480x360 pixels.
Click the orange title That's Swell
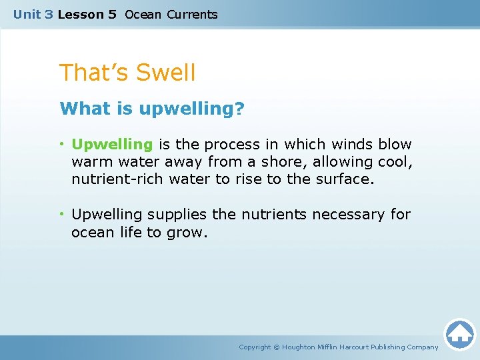(127, 73)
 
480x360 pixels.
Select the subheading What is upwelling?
(152, 109)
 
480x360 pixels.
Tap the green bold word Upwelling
(112, 145)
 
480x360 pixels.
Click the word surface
(341, 179)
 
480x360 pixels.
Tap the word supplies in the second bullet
(177, 215)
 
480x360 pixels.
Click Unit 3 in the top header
(33, 15)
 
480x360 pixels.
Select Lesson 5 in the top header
(87, 15)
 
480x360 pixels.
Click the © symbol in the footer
(277, 347)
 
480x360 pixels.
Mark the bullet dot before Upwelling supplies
(62, 215)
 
